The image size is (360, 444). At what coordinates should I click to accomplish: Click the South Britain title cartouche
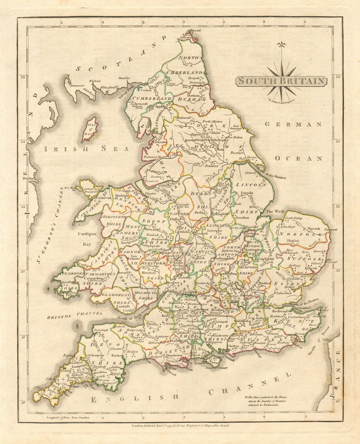pyautogui.click(x=281, y=81)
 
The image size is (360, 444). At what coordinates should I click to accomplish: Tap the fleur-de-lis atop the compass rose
pyautogui.click(x=281, y=45)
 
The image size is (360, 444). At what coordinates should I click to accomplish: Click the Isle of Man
pyautogui.click(x=90, y=129)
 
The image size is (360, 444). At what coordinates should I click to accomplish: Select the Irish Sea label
pyautogui.click(x=86, y=148)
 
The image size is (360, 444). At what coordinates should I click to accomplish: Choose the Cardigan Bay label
pyautogui.click(x=87, y=239)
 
